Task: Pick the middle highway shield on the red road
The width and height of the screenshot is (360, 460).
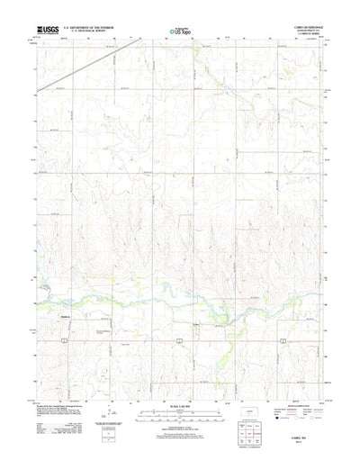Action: click(x=181, y=340)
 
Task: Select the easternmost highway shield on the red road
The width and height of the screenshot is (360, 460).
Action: click(x=282, y=340)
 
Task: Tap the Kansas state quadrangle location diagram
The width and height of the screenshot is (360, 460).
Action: click(x=251, y=395)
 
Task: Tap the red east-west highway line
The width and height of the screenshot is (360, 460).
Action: click(x=135, y=340)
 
